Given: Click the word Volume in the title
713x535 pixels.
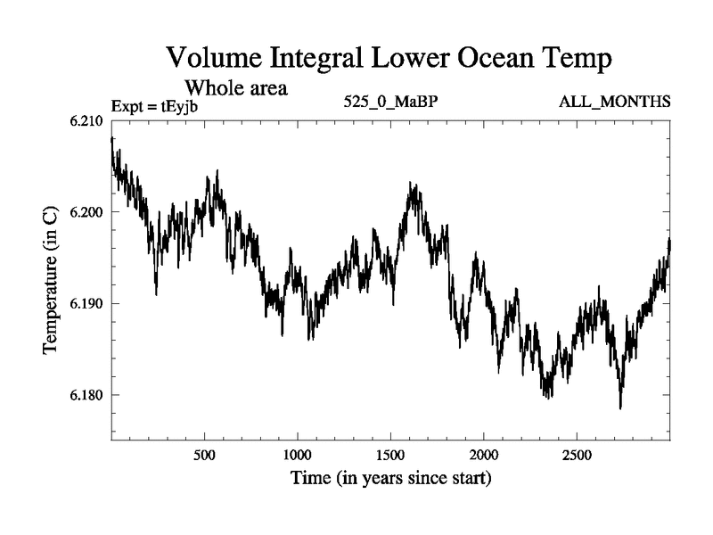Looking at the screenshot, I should point(219,61).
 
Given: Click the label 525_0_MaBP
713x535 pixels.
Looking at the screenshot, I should point(390,102).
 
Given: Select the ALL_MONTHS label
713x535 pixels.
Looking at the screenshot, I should point(614,102).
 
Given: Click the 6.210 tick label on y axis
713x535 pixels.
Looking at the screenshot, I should point(86,121).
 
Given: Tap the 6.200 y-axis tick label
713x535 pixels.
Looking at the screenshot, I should point(86,212).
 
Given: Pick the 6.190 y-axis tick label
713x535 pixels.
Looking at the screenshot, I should point(86,304).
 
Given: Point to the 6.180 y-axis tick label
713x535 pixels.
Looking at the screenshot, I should point(86,395).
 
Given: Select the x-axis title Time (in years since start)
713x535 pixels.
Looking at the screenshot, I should point(390,479).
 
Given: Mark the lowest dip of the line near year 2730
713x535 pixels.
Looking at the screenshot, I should point(620,407).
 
